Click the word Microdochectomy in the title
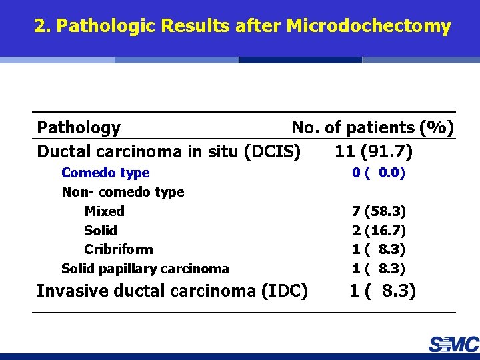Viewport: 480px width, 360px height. point(369,27)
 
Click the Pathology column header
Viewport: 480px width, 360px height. point(79,127)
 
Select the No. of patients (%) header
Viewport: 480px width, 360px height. point(373,127)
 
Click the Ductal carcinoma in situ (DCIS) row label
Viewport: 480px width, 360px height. point(169,151)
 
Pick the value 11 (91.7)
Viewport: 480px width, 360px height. point(373,151)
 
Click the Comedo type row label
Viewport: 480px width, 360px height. point(105,173)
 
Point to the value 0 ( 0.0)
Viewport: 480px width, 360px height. point(379,173)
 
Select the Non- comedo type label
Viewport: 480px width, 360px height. point(123,192)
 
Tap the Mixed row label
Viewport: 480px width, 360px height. point(104,211)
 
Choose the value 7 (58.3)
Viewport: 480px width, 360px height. point(379,211)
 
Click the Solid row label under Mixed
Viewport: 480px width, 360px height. point(101,231)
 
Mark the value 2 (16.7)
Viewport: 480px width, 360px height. point(379,231)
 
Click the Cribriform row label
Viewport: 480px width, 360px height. point(119,249)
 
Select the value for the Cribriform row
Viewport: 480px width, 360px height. point(379,249)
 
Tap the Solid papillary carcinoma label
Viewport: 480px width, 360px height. point(145,269)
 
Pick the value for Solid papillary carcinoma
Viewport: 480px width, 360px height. point(379,269)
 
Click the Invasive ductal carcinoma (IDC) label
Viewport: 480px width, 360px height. point(172,291)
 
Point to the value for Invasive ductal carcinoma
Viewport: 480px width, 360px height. point(383,291)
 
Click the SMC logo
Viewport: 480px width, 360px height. point(453,344)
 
